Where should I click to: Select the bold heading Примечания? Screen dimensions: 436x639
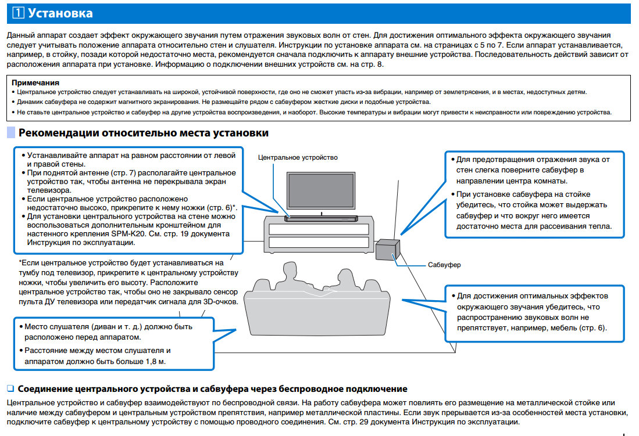(x=35, y=83)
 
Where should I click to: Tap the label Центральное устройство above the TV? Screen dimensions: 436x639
(x=298, y=157)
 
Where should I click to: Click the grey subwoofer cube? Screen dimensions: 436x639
(x=386, y=249)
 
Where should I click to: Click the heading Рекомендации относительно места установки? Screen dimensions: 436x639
(x=144, y=133)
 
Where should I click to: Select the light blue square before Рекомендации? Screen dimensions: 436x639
(x=11, y=133)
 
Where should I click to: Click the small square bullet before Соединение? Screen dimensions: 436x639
(x=9, y=388)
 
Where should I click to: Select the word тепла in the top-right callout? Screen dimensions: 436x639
(x=601, y=226)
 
